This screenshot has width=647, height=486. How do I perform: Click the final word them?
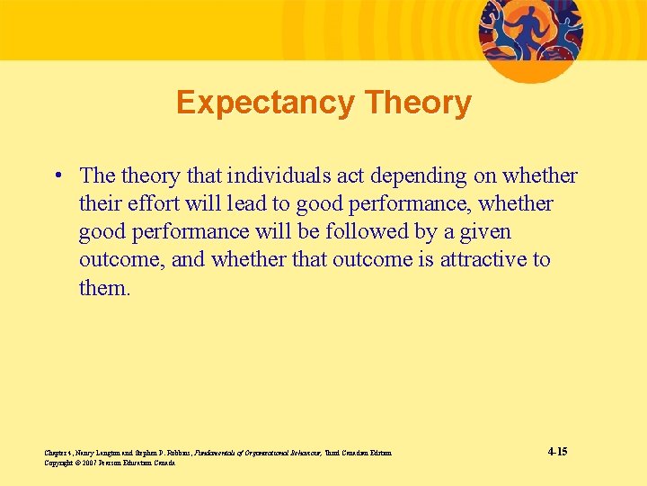pos(104,287)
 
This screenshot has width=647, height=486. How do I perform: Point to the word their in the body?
pos(100,203)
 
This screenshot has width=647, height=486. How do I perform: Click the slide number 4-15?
pos(556,451)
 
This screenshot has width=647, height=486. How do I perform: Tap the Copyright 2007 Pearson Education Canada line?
pos(109,463)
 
